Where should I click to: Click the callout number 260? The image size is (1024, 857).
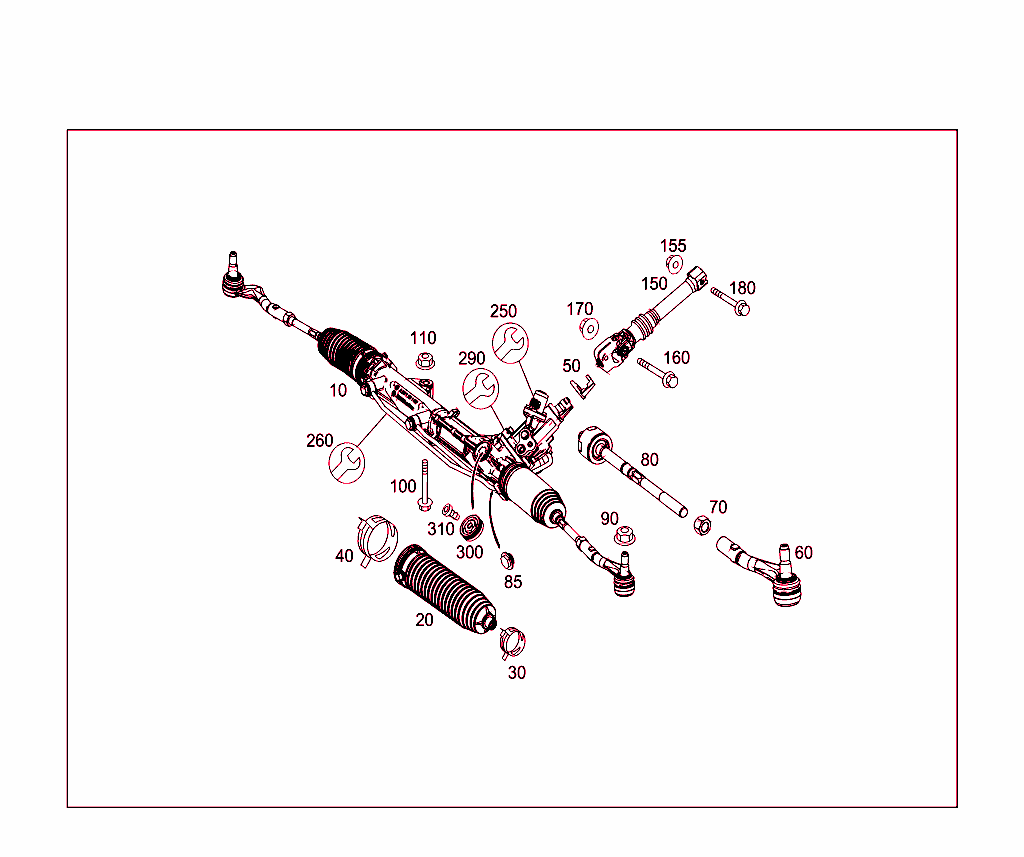click(x=320, y=440)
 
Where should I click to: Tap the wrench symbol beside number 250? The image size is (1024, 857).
click(x=510, y=342)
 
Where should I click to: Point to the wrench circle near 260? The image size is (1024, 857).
click(x=347, y=462)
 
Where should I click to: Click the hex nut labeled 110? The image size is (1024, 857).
click(x=425, y=361)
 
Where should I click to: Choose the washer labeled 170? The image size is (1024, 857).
click(x=589, y=327)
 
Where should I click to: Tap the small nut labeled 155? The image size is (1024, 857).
click(x=674, y=265)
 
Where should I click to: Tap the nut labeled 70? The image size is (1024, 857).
click(x=702, y=525)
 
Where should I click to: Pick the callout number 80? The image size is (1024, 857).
click(x=650, y=460)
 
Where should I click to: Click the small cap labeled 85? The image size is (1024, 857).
click(x=505, y=557)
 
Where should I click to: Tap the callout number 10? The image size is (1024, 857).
click(x=340, y=390)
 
